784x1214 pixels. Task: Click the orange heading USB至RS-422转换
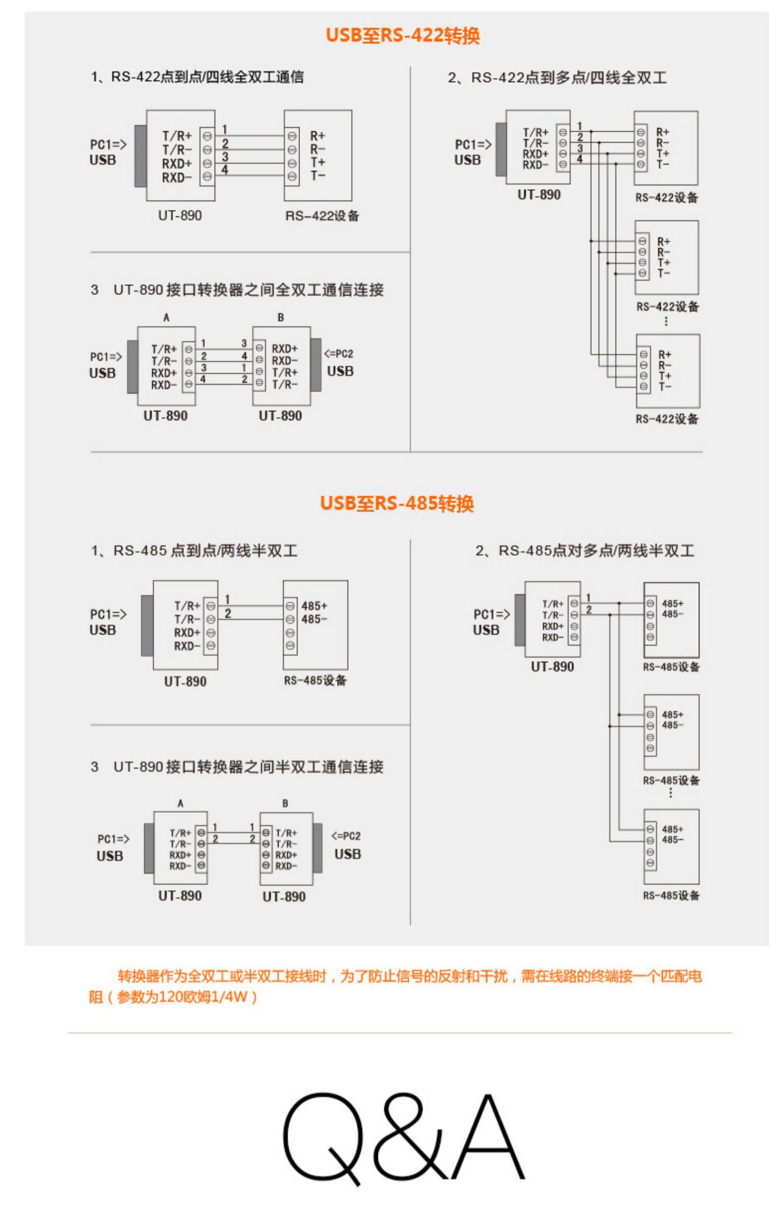(x=402, y=36)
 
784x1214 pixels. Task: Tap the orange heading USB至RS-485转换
(x=397, y=503)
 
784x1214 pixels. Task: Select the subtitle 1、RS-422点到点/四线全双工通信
(x=197, y=77)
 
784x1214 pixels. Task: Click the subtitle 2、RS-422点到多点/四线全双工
(x=557, y=78)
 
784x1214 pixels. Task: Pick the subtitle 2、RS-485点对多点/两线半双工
(x=584, y=551)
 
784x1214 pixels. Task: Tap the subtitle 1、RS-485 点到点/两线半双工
(x=194, y=551)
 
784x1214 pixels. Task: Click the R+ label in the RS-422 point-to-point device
(x=317, y=136)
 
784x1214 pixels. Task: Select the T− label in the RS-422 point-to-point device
(x=317, y=176)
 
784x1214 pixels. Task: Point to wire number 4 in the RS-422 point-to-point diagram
(x=224, y=169)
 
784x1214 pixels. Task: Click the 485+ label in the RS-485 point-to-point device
(x=314, y=606)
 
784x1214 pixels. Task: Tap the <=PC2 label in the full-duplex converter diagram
(x=339, y=354)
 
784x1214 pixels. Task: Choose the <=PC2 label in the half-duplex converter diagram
(x=346, y=836)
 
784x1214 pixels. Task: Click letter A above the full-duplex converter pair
(x=166, y=317)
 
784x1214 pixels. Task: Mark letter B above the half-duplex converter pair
(x=285, y=803)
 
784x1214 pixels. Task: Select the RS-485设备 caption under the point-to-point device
(x=315, y=680)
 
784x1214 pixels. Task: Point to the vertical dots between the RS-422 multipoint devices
(x=666, y=321)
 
